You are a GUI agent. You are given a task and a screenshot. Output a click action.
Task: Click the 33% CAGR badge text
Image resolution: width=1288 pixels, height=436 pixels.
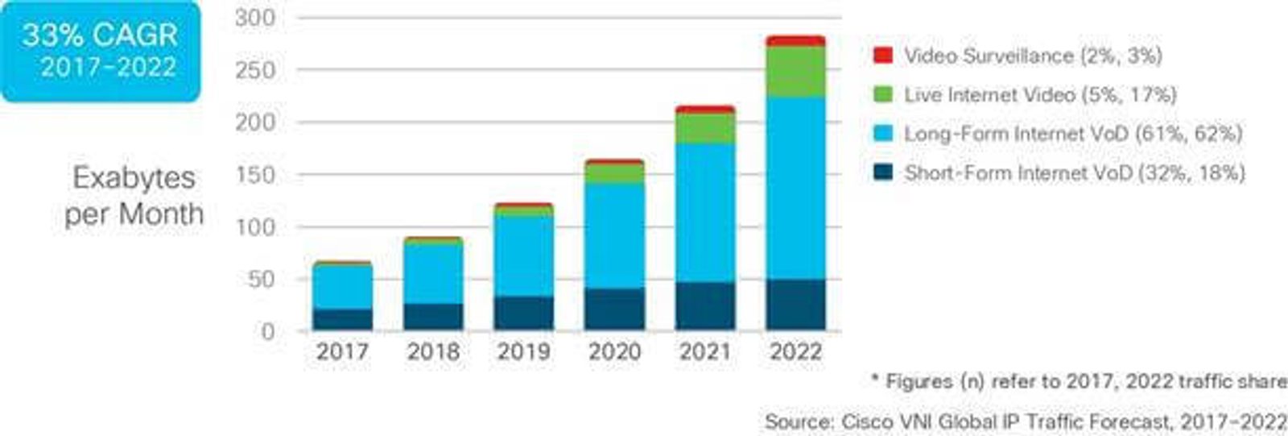(100, 35)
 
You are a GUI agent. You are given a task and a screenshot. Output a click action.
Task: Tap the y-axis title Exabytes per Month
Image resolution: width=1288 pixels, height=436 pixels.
(134, 196)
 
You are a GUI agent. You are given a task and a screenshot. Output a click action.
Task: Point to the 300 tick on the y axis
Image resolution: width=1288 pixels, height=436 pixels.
(255, 18)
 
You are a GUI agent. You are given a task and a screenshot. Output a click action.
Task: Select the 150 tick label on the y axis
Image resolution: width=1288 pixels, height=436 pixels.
(255, 175)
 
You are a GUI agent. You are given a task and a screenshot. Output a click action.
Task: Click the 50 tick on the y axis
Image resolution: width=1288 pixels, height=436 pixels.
(260, 280)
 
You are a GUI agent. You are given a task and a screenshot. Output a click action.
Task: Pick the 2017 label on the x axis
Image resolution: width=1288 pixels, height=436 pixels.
(342, 351)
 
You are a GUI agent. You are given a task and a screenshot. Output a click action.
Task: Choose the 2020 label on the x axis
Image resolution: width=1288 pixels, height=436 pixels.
(614, 351)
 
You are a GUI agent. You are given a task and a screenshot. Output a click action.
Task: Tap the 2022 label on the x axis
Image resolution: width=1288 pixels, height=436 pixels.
(795, 351)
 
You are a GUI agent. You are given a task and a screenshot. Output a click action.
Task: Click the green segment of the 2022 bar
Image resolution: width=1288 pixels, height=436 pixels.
(795, 73)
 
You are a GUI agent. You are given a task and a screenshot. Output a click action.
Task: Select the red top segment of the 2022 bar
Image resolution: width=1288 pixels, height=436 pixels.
(795, 41)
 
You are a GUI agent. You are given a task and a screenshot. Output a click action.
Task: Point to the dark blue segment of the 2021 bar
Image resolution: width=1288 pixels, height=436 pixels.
(705, 306)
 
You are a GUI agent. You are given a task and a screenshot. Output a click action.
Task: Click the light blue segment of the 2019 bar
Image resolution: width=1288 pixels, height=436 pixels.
(524, 256)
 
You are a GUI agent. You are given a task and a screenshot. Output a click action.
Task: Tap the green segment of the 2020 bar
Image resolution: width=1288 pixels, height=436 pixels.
(614, 173)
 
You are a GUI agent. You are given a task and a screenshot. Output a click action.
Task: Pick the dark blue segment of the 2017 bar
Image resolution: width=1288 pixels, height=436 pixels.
(342, 319)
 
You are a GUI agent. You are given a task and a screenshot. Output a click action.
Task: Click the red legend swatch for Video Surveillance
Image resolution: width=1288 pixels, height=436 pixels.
(883, 56)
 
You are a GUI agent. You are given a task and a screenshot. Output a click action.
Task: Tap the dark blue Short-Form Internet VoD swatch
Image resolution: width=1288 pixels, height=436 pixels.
(883, 172)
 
